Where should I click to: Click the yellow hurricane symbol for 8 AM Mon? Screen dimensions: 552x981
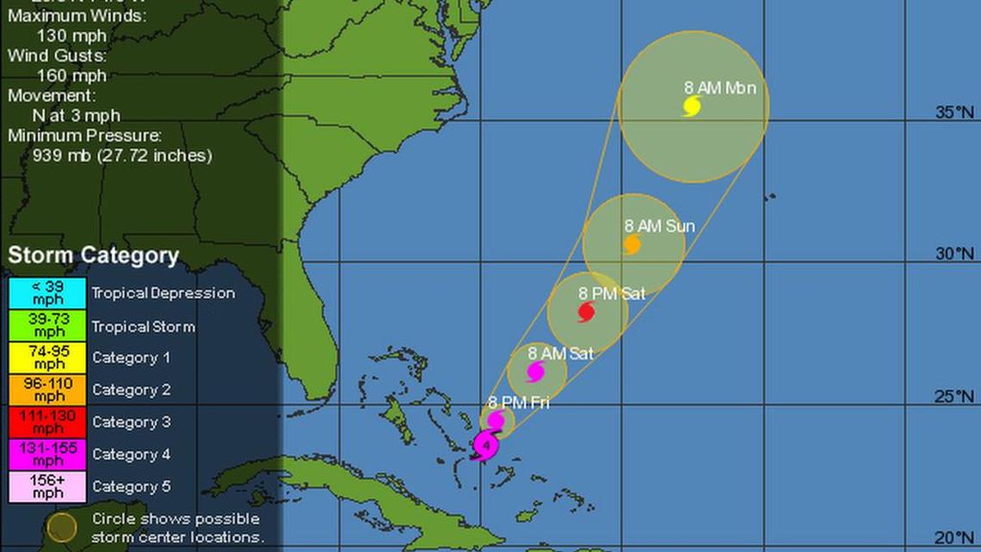tap(692, 106)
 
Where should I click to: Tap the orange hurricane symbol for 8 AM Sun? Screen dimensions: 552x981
tap(632, 245)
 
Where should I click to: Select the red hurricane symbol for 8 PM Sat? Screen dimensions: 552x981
tap(587, 312)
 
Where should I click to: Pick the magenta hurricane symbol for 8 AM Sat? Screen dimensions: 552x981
tap(535, 372)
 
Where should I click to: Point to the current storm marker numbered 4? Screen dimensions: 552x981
tap(486, 446)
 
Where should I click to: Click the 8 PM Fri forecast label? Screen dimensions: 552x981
tap(518, 402)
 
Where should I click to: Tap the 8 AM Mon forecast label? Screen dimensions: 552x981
tap(719, 87)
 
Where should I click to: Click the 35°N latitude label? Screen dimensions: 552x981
tap(955, 113)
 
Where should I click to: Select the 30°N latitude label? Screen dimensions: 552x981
tap(955, 254)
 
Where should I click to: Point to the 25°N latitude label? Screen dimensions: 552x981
tap(955, 396)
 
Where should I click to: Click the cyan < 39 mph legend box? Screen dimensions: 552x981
tap(48, 293)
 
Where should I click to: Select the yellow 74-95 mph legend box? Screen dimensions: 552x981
tap(48, 357)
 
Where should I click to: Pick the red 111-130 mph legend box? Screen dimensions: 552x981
tap(48, 422)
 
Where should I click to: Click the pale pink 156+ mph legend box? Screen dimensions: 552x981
tap(48, 487)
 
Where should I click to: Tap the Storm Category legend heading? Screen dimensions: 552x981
tap(94, 256)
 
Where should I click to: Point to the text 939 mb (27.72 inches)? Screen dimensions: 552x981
tap(121, 156)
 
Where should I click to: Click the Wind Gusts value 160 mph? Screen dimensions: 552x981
tap(71, 75)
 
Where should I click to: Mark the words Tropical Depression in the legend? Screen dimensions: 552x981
tap(163, 293)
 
